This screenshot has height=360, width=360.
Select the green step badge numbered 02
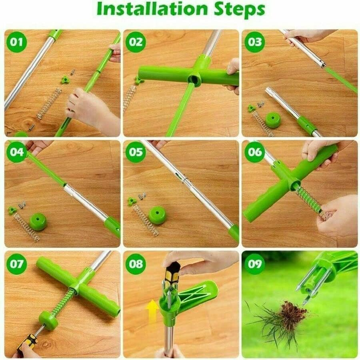click(x=136, y=42)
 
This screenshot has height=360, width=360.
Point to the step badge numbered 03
click(x=254, y=42)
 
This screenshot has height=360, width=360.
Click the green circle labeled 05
click(x=136, y=152)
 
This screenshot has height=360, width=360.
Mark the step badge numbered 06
click(x=254, y=152)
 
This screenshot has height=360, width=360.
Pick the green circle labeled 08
click(x=136, y=264)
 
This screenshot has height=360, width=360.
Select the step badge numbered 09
click(x=254, y=264)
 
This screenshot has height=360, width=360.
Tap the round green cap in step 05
click(x=157, y=215)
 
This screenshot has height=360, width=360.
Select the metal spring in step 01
click(x=49, y=103)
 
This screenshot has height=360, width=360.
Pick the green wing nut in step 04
click(x=12, y=210)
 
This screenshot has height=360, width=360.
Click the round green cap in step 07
click(x=48, y=320)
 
